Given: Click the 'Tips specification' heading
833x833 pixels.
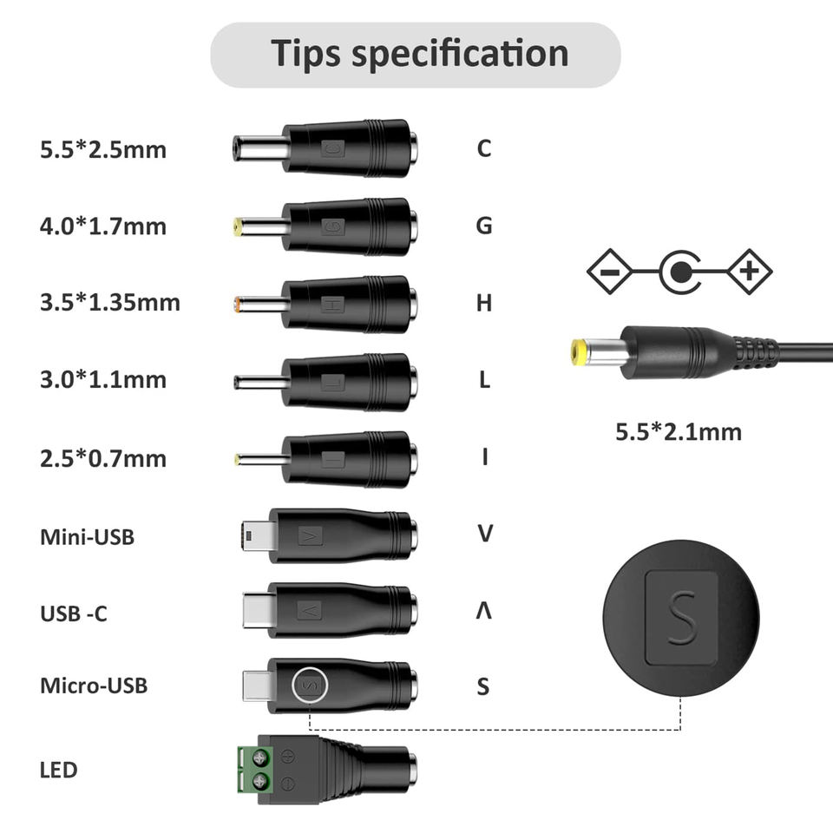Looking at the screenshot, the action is click(x=421, y=54).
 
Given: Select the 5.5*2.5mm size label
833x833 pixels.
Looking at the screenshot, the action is click(x=102, y=149).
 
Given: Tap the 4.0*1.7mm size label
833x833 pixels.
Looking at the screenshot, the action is click(x=102, y=227).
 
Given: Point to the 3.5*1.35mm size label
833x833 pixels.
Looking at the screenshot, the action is click(x=110, y=303).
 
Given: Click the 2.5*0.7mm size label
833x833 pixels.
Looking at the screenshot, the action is click(x=102, y=458).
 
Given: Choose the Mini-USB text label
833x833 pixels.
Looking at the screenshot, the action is click(x=87, y=536).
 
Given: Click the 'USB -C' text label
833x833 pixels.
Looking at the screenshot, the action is click(x=74, y=613).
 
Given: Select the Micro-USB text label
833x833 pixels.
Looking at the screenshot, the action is click(x=94, y=685).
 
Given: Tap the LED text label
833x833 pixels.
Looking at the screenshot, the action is click(x=58, y=770).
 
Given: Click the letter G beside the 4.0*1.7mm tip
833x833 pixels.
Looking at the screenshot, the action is click(x=484, y=226).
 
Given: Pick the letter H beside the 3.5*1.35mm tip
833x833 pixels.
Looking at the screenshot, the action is click(x=484, y=303).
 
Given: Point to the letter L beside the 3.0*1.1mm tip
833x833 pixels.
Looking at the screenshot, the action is click(x=484, y=379).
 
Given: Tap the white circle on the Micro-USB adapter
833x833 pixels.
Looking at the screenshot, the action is click(x=309, y=685).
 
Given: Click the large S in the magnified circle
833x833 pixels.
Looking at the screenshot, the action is click(x=682, y=617).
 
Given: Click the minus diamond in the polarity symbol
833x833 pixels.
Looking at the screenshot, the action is click(x=610, y=272).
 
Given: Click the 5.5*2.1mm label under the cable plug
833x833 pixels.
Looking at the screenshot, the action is click(x=679, y=431).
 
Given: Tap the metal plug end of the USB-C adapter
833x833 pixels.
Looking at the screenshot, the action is click(x=256, y=610).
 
